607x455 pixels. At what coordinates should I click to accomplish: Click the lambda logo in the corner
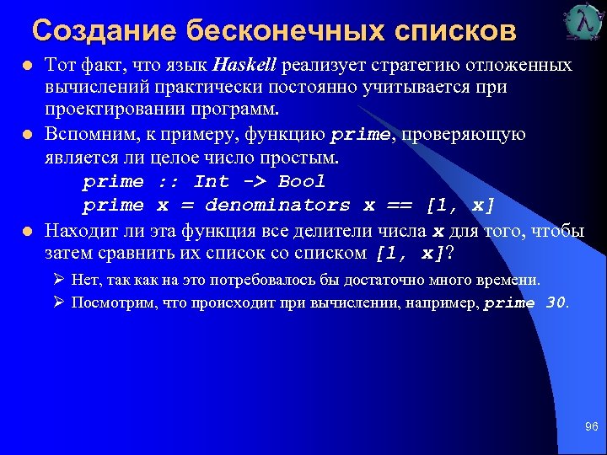pos(584,23)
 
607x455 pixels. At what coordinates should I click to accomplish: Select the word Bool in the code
pos(301,181)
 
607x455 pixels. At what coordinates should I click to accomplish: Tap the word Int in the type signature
pos(211,181)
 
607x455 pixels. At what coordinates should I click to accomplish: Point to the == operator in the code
pos(400,205)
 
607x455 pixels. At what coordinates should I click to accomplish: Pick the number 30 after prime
pos(556,303)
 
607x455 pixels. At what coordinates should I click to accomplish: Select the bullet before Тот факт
pos(27,66)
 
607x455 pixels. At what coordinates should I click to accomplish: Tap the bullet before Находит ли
pos(27,230)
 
